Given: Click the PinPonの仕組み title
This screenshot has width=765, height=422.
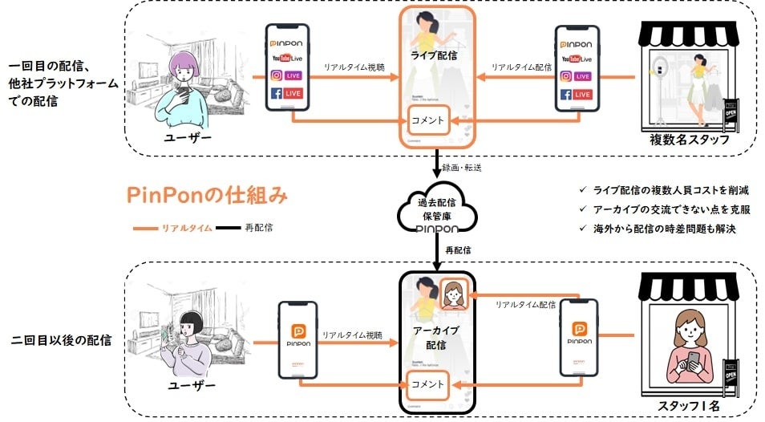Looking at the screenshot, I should tap(207, 196).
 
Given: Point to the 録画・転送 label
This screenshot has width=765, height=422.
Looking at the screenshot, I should tap(466, 168).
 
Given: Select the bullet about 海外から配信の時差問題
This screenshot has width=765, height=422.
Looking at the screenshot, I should tap(660, 229).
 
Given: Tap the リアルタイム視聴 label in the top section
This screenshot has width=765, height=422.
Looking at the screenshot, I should tap(354, 67).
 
